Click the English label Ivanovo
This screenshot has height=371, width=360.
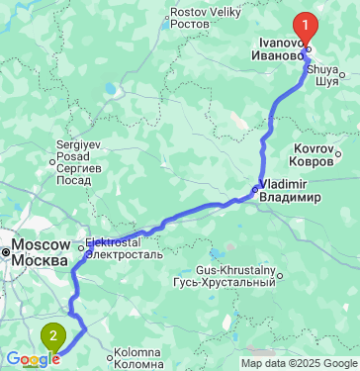(280, 45)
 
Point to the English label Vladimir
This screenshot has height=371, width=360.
(287, 185)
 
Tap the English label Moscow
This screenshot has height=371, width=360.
(40, 244)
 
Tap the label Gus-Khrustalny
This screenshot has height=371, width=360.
(235, 270)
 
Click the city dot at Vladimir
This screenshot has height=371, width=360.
(254, 188)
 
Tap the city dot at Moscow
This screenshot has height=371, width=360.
(5, 252)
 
